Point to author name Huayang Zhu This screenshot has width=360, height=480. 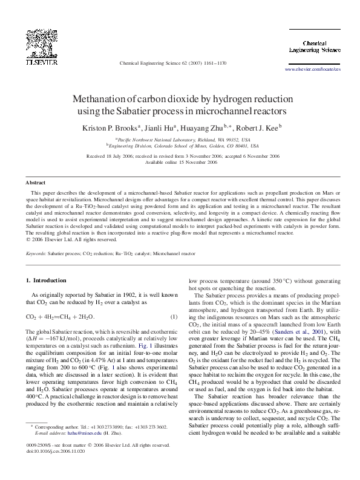pyautogui.click(x=202, y=128)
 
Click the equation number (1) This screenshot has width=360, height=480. pyautogui.click(x=174, y=316)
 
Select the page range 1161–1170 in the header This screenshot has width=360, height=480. pyautogui.click(x=213, y=62)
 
